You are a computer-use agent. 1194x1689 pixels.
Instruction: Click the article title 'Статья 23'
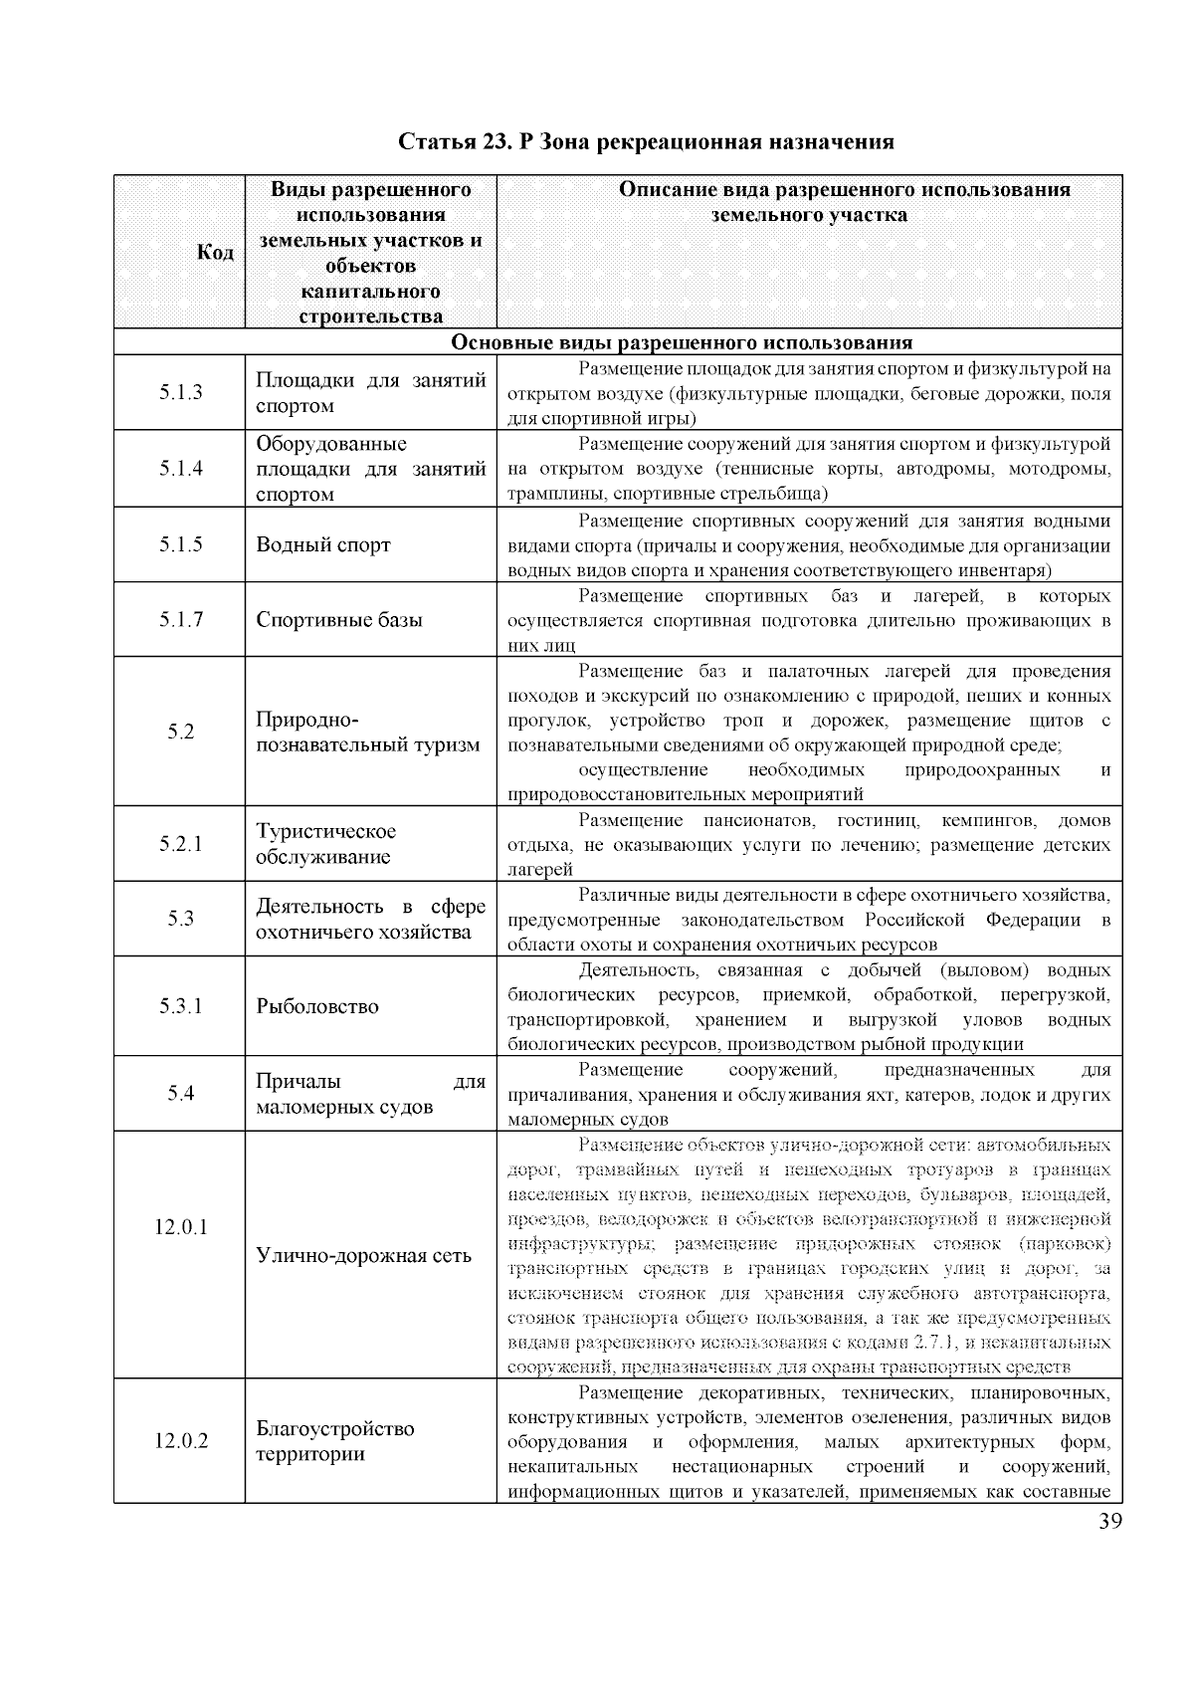[646, 141]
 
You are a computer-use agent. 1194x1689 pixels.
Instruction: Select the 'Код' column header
[215, 252]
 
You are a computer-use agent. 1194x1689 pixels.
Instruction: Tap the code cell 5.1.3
[180, 392]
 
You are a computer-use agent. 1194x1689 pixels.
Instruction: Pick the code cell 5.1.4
[180, 468]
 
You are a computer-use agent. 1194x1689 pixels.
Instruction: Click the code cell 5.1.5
[180, 544]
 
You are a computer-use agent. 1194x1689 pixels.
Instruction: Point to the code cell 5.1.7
[180, 619]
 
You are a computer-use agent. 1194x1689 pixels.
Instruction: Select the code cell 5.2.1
[180, 844]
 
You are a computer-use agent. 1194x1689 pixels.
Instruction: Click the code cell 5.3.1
[180, 1006]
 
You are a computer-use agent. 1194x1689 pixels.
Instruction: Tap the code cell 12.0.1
[180, 1227]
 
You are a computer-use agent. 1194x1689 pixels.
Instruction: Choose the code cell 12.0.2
[180, 1440]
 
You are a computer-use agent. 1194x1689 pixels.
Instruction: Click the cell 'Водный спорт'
[323, 544]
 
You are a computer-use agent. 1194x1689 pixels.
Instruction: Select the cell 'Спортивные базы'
[339, 619]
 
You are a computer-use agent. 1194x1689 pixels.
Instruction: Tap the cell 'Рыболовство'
[317, 1006]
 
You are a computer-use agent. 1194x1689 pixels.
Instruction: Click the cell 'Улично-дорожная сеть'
[363, 1255]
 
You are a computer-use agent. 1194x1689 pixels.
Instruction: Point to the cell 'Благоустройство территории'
[335, 1441]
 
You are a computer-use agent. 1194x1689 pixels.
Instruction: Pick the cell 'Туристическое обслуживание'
[325, 844]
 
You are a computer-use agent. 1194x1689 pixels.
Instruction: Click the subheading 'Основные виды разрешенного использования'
[682, 343]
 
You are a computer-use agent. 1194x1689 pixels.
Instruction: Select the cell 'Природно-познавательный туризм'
[367, 733]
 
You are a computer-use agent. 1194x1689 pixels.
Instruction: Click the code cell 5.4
[180, 1094]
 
